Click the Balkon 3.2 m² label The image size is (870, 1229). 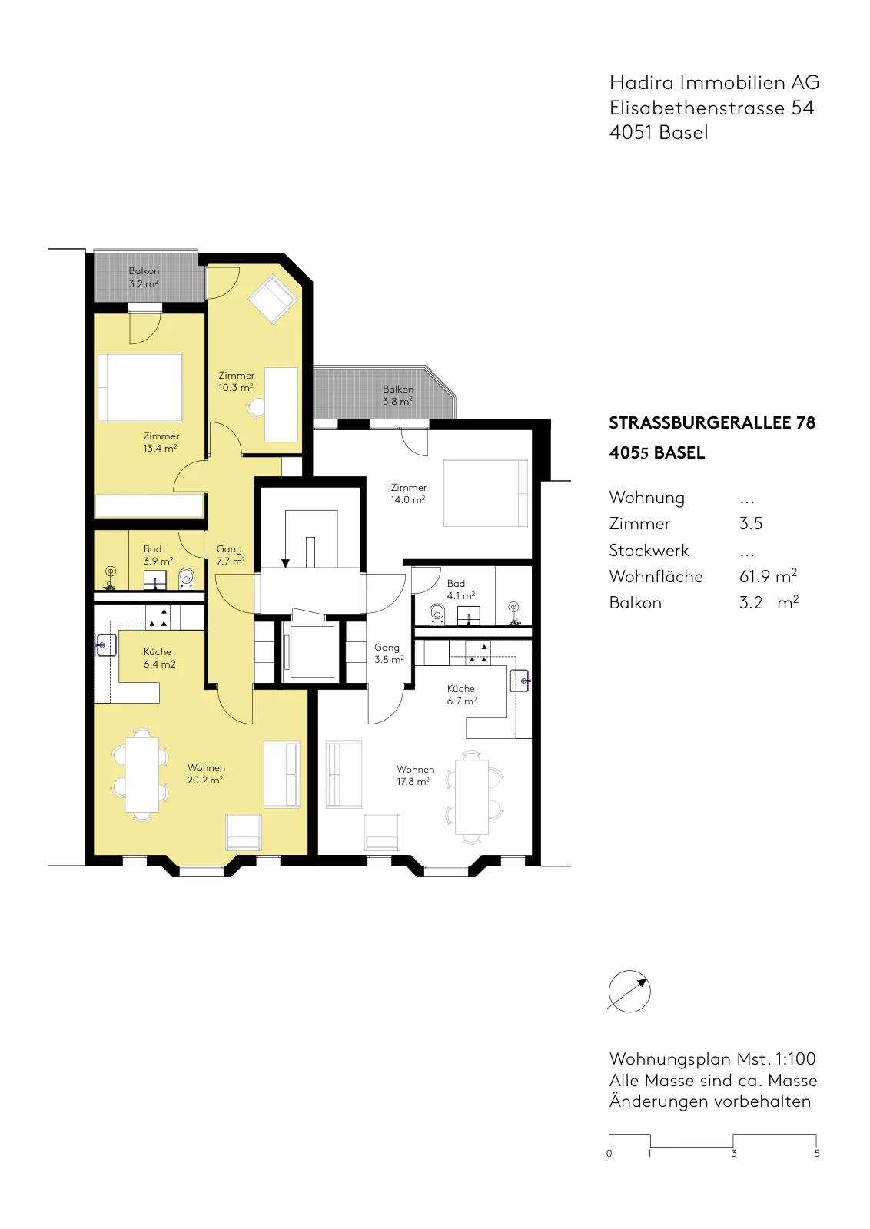click(144, 277)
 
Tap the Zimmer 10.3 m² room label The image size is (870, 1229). click(237, 381)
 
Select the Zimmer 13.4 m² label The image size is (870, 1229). click(161, 442)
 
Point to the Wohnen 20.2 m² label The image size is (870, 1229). click(206, 774)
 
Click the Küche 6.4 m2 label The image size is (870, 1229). click(159, 658)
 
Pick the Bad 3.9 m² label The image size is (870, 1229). click(158, 555)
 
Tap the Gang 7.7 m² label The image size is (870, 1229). click(230, 555)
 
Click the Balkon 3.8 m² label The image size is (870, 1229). click(398, 395)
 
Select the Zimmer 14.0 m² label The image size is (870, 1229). click(408, 493)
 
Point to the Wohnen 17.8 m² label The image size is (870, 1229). click(415, 775)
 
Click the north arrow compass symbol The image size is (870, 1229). click(629, 991)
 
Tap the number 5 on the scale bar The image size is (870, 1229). click(817, 1153)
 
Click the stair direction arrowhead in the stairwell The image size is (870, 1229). click(285, 563)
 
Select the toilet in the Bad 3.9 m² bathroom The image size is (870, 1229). click(187, 578)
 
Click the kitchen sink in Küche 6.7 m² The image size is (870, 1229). click(520, 681)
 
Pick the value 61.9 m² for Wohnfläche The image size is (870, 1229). click(768, 576)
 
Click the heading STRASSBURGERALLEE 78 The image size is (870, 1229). click(712, 423)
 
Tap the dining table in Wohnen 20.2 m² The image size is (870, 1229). click(142, 774)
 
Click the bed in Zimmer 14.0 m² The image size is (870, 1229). click(485, 493)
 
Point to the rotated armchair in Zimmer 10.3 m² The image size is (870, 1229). click(273, 299)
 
